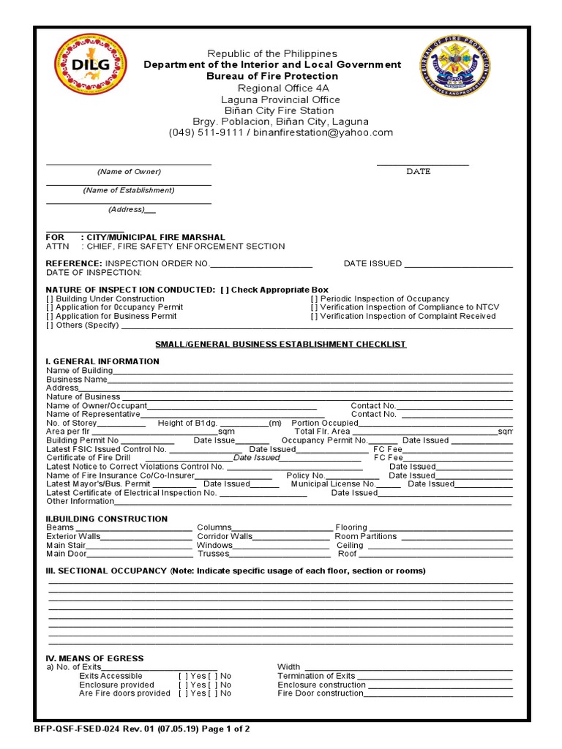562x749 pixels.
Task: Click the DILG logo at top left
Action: click(91, 65)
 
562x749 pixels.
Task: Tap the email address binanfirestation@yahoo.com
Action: click(323, 132)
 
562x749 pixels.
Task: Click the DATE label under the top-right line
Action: click(419, 171)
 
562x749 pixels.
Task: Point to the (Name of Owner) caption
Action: click(129, 171)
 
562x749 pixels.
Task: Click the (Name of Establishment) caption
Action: click(129, 190)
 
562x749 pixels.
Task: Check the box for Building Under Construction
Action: click(50, 298)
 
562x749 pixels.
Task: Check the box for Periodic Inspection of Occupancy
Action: click(314, 298)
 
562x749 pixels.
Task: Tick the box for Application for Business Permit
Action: click(50, 316)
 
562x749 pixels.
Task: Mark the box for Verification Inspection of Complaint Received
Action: click(314, 316)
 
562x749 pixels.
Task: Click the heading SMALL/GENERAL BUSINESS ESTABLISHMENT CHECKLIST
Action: click(280, 344)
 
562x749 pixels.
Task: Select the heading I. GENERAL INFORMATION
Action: click(102, 361)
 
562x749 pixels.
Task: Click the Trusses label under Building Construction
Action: click(213, 554)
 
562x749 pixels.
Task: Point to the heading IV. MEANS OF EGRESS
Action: click(95, 658)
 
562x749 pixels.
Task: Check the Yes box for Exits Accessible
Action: click(184, 676)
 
